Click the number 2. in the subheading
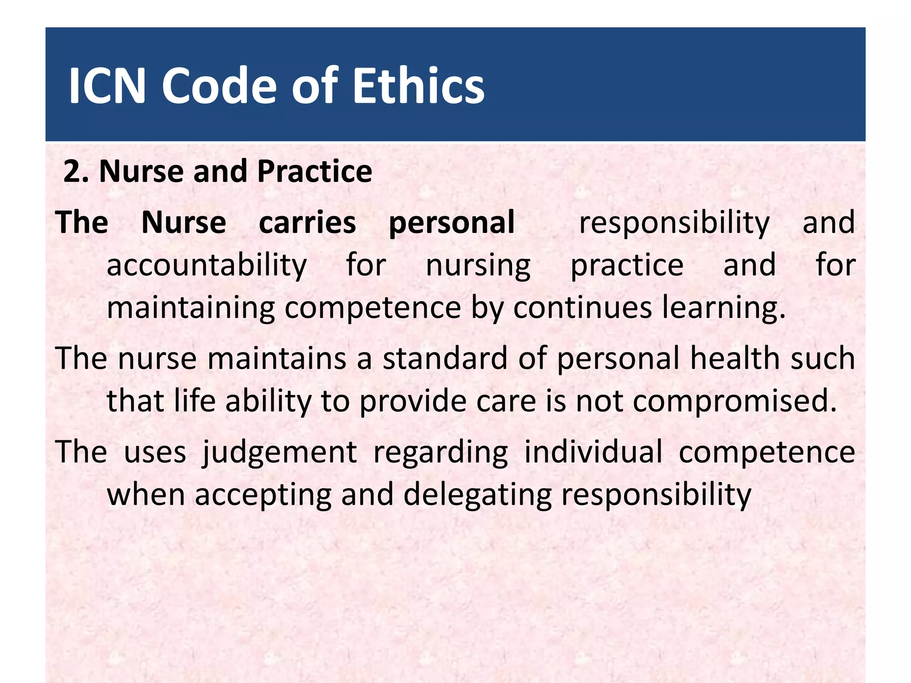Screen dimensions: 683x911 (76, 171)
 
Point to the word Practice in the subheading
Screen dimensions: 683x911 (314, 171)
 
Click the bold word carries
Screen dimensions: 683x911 (307, 222)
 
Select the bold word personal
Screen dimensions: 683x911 (451, 222)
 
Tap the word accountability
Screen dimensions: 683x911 (207, 265)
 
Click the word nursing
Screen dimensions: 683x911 (478, 265)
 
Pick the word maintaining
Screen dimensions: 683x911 (191, 308)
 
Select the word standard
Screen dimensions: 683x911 (445, 358)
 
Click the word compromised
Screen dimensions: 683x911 (734, 401)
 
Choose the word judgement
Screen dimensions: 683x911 (279, 452)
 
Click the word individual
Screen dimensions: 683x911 (593, 452)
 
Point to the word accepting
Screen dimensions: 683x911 (263, 495)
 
